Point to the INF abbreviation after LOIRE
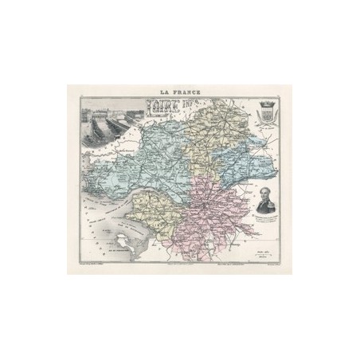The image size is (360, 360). pos(192,102)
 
